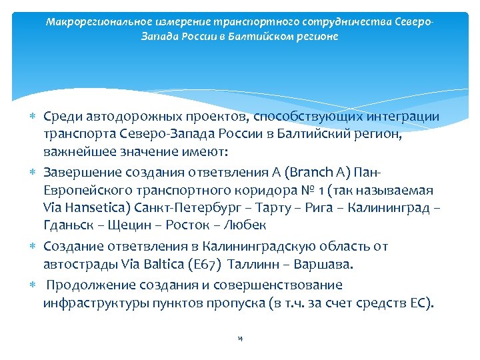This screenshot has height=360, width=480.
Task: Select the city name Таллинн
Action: pyautogui.click(x=263, y=264)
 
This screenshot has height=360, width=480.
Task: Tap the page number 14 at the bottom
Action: pyautogui.click(x=240, y=339)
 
